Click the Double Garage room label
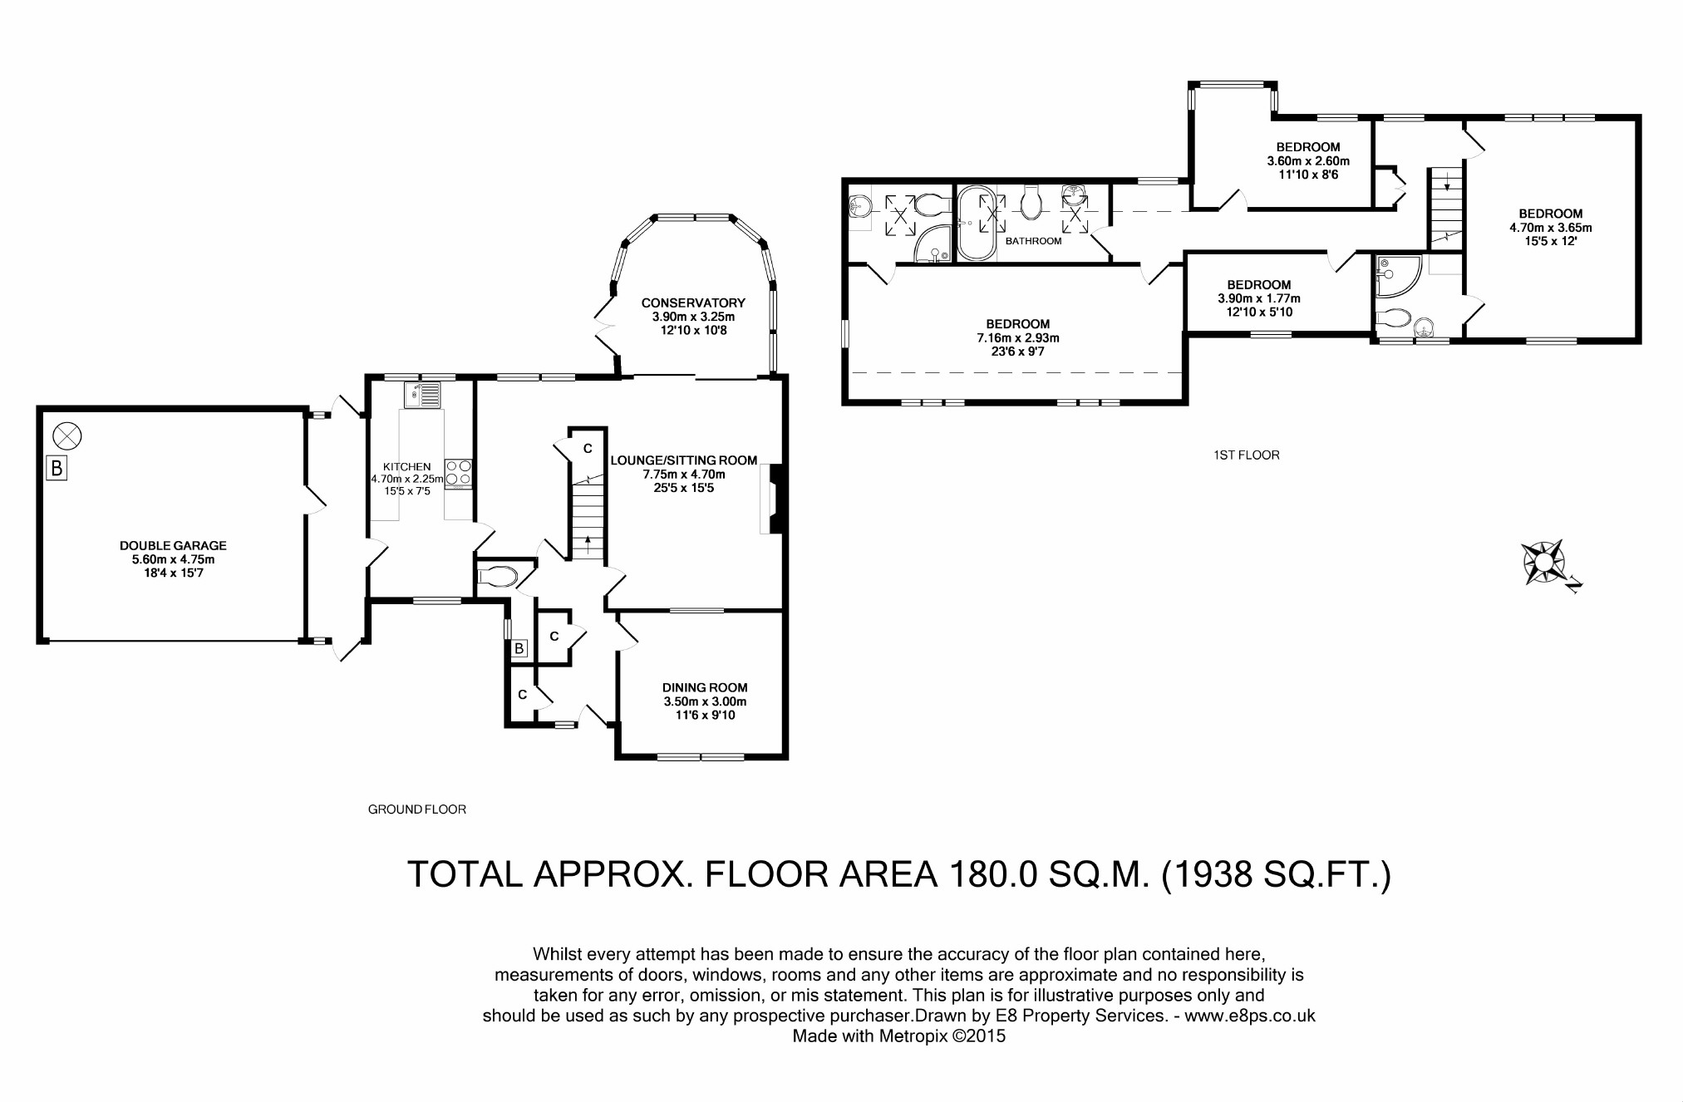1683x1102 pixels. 173,546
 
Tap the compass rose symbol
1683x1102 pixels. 1545,564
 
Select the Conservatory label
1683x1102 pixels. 693,303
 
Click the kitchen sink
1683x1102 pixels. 423,395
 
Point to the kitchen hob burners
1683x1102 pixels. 459,473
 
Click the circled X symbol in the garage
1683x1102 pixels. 65,435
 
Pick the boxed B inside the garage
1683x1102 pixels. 57,468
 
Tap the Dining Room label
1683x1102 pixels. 705,688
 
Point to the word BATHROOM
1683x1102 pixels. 1033,241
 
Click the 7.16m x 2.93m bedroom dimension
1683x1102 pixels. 1018,338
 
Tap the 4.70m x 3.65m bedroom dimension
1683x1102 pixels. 1551,228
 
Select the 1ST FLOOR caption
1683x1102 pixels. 1246,455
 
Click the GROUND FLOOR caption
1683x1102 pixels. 417,809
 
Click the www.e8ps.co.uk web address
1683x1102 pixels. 1250,1016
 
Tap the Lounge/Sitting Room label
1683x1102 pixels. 684,460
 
